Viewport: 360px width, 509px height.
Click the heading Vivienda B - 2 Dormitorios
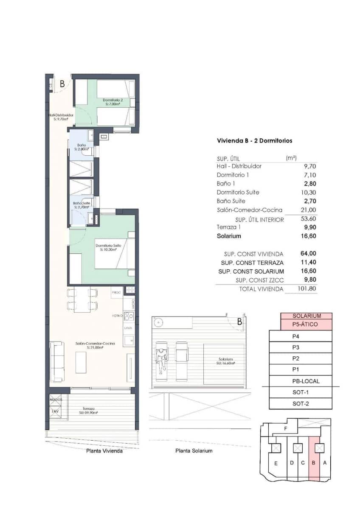[254, 140]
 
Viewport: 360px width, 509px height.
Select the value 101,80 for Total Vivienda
[307, 289]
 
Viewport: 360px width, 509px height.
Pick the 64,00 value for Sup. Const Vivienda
[309, 254]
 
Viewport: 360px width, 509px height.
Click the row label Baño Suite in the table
[231, 201]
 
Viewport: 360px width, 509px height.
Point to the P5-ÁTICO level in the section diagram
[306, 324]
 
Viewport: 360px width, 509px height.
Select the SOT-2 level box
[301, 403]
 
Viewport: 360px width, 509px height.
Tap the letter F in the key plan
[286, 428]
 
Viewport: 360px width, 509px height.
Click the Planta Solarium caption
[194, 450]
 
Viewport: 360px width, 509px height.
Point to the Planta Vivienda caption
[104, 451]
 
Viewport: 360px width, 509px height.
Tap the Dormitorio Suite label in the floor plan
[109, 247]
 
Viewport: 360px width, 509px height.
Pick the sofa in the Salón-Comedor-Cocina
[57, 361]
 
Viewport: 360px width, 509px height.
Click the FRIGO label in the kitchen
[116, 293]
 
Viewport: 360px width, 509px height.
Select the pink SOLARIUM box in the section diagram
[306, 316]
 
